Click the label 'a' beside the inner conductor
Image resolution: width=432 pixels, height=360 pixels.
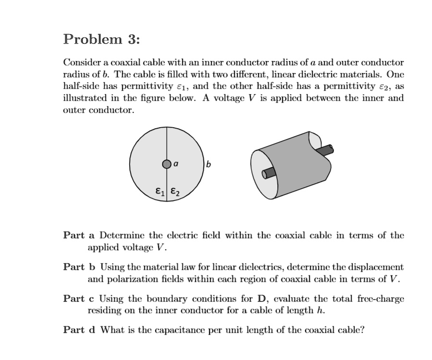(176, 164)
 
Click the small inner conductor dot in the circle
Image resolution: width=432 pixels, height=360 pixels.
(166, 164)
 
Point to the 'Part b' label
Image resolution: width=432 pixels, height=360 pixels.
(80, 267)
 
